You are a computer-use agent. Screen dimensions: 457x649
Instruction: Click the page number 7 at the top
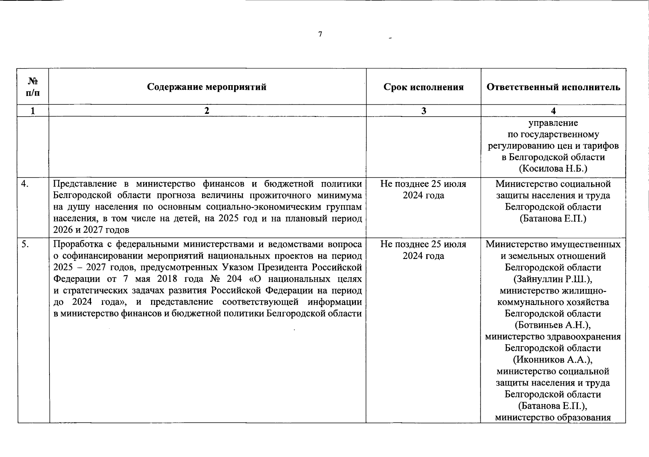tap(320, 34)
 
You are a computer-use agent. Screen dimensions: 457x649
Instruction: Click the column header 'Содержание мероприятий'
tap(207, 87)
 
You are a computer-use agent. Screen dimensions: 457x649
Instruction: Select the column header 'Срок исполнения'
tap(424, 87)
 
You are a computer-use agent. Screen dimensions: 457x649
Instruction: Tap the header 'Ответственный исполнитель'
tap(553, 87)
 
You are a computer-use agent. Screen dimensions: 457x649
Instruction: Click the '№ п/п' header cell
tap(33, 86)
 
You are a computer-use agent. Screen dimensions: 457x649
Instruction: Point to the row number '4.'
tap(25, 184)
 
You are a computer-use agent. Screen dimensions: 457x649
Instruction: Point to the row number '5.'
tap(25, 244)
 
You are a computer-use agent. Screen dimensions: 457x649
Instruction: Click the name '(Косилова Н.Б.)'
tap(553, 168)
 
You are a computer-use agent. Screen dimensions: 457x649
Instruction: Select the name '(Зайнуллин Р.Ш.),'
tap(553, 279)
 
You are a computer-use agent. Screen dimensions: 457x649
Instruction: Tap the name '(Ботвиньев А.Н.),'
tap(553, 325)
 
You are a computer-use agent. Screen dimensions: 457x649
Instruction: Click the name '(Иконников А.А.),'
tap(553, 360)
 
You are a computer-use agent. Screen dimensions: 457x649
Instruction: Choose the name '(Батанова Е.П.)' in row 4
tap(553, 219)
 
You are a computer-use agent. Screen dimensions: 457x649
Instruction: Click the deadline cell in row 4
tap(423, 190)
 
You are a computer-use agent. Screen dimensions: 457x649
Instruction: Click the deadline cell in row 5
tap(423, 250)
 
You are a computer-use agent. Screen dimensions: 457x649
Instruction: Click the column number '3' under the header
tap(424, 111)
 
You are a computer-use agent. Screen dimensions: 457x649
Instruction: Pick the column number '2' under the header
tap(207, 111)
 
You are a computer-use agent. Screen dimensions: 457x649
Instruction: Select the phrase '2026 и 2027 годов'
tap(91, 230)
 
